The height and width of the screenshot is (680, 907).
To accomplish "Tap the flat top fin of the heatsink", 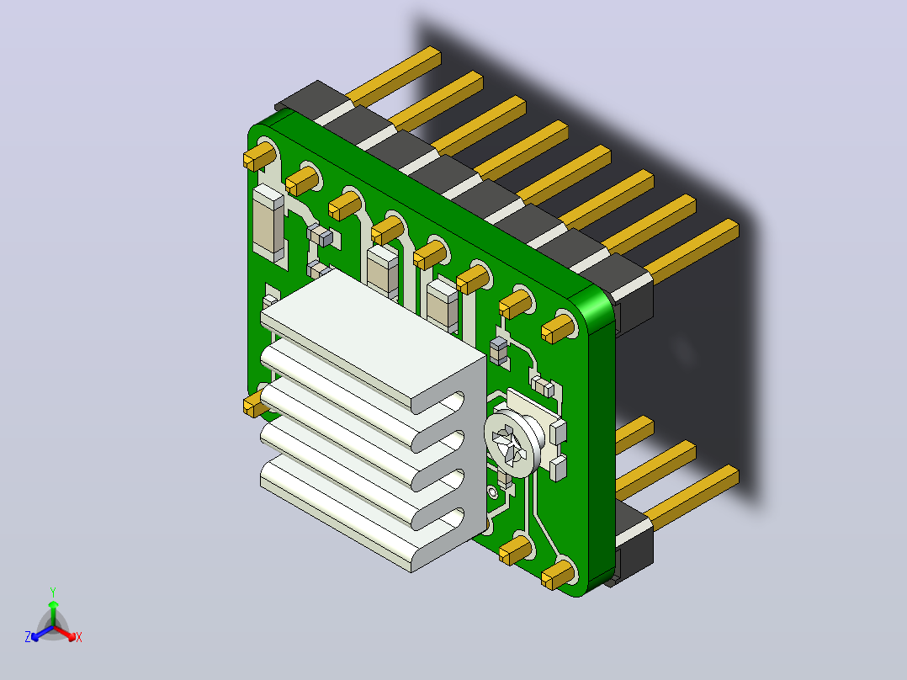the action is point(373,338).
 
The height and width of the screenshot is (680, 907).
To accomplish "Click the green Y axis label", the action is point(53,592).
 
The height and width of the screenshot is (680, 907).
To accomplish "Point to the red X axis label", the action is point(79,637).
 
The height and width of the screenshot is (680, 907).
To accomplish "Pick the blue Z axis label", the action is point(28,637).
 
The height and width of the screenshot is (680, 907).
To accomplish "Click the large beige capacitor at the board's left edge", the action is point(268,223).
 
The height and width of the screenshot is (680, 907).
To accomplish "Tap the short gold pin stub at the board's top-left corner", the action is point(259,156).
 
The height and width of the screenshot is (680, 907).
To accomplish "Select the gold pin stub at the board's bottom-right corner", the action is point(558,576).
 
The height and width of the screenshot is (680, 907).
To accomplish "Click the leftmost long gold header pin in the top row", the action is point(394,76).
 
